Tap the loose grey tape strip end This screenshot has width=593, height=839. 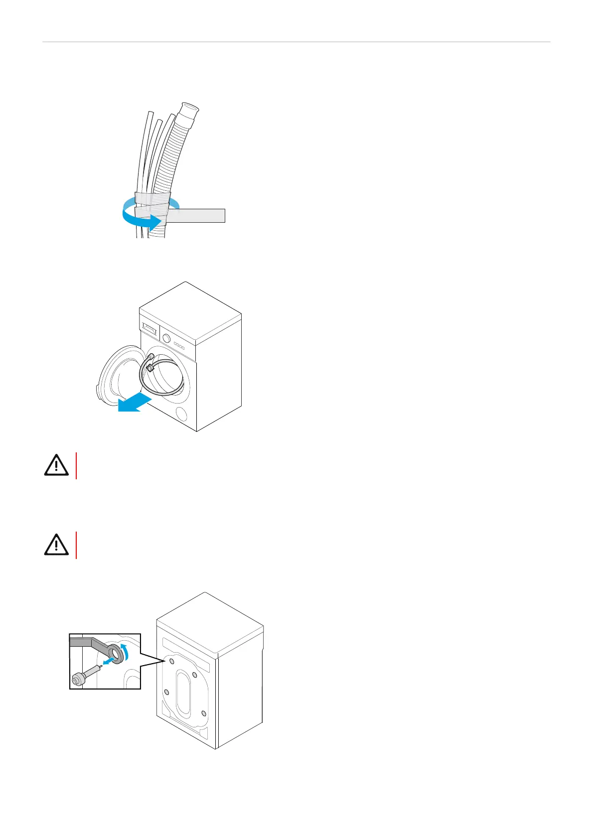click(x=199, y=216)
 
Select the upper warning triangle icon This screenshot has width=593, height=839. click(x=56, y=465)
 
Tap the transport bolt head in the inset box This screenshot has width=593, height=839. click(x=78, y=680)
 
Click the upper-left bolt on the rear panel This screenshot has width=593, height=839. click(x=171, y=661)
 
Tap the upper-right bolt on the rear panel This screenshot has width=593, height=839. click(x=195, y=675)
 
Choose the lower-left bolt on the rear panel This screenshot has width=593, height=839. click(x=166, y=692)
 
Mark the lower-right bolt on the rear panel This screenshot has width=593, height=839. click(x=204, y=714)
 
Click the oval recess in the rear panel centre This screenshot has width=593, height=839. click(x=183, y=691)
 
